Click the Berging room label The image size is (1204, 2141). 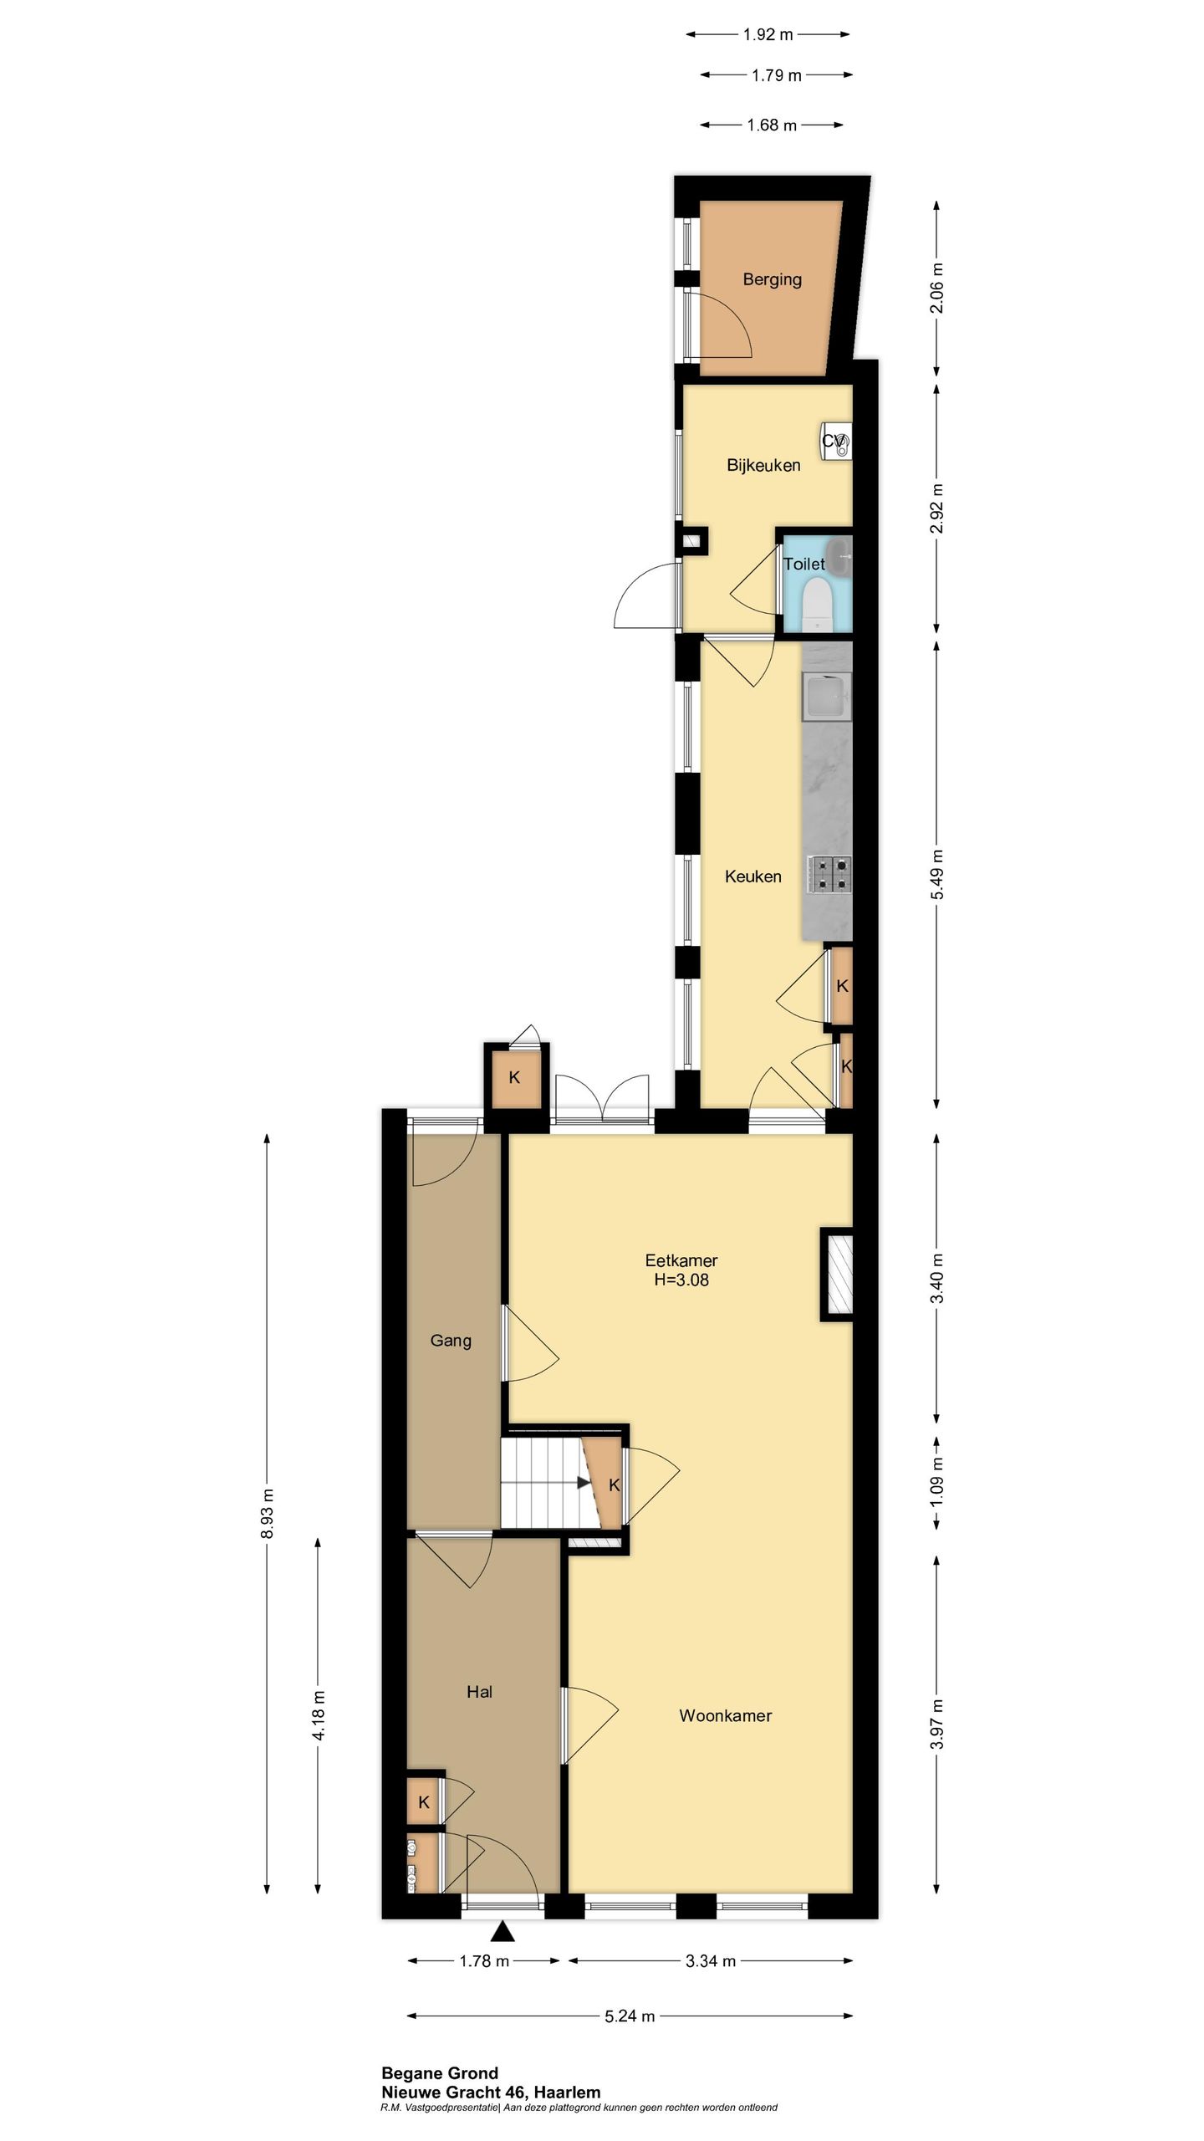click(772, 279)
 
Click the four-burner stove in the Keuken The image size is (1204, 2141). click(829, 873)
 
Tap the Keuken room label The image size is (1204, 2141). click(752, 876)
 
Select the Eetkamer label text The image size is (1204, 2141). click(681, 1260)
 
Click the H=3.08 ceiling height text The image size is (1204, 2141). click(681, 1280)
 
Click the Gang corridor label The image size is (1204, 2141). click(451, 1341)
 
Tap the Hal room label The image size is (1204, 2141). click(479, 1692)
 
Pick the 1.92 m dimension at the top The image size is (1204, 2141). click(768, 35)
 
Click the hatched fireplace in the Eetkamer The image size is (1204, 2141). click(837, 1274)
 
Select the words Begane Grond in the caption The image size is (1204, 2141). click(439, 2073)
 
